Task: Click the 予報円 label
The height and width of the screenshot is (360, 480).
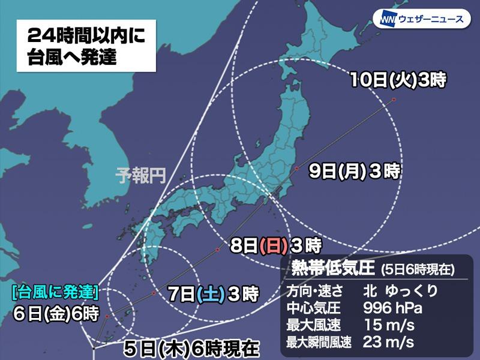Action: coord(140,176)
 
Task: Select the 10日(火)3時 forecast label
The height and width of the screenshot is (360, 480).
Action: coord(399,80)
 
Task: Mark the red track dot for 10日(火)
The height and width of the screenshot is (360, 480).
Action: coord(394,100)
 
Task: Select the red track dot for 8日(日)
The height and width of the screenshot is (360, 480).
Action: coord(217,249)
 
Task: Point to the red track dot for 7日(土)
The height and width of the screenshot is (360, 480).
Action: coord(154,293)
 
